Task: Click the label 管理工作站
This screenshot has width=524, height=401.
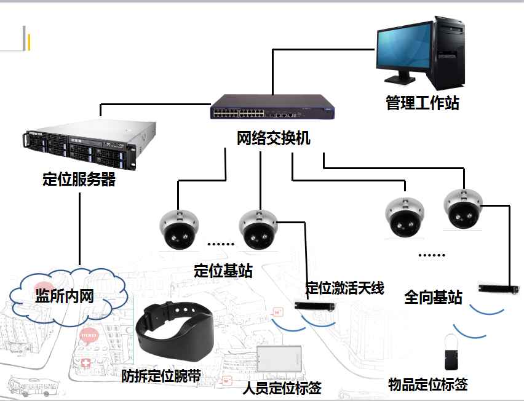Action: click(x=422, y=103)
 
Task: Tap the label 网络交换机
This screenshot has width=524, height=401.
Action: click(x=274, y=138)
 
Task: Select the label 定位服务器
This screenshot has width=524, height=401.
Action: click(x=79, y=180)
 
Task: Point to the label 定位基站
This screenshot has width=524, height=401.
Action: click(x=223, y=271)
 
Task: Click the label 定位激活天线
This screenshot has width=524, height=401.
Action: click(x=345, y=288)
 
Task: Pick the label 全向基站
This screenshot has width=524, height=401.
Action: click(x=433, y=297)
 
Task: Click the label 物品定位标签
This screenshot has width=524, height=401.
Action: click(x=428, y=385)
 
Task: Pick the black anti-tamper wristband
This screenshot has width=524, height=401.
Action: click(x=175, y=333)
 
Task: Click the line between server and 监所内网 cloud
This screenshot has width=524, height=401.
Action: click(x=80, y=228)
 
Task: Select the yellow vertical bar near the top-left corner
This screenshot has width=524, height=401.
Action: click(x=29, y=42)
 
